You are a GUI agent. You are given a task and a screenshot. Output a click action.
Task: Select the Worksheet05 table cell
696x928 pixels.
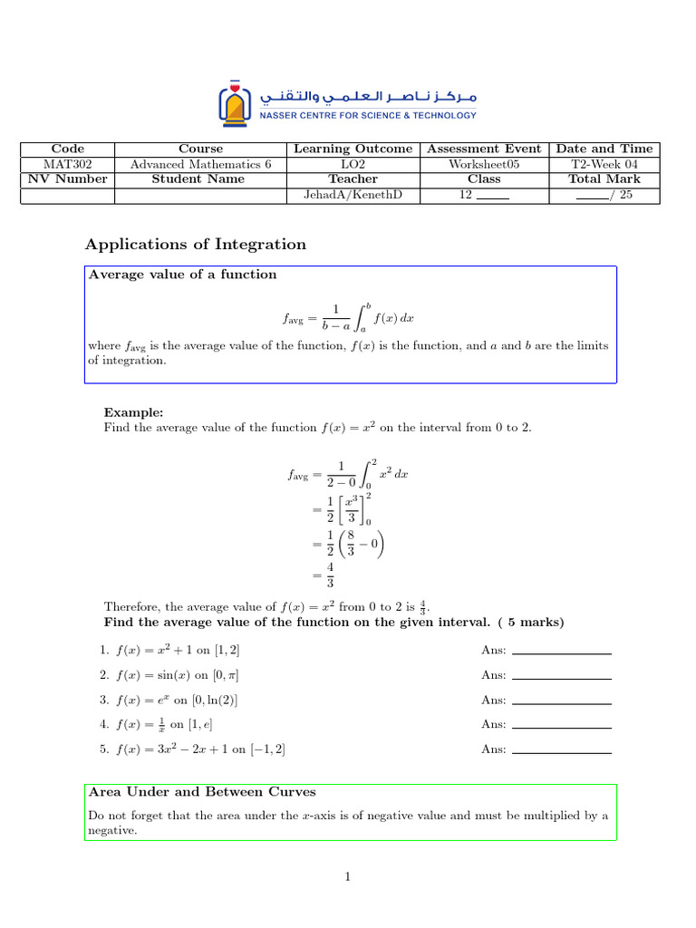pyautogui.click(x=484, y=164)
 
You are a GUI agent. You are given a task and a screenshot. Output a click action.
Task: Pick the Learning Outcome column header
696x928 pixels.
pyautogui.click(x=353, y=149)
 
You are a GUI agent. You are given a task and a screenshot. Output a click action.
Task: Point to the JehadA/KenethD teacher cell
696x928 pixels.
pyautogui.click(x=353, y=195)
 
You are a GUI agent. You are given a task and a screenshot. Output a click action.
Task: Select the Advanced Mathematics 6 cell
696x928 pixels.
pyautogui.click(x=200, y=164)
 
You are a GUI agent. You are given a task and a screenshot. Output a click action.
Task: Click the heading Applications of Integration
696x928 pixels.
pyautogui.click(x=196, y=244)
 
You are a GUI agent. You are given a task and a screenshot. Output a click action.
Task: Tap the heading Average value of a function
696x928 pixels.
pyautogui.click(x=182, y=275)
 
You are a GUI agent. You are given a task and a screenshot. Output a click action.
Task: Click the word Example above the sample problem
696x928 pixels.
pyautogui.click(x=133, y=412)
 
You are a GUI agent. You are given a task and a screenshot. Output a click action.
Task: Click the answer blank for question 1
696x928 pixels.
pyautogui.click(x=561, y=652)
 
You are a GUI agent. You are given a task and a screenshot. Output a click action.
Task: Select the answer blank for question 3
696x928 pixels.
pyautogui.click(x=561, y=701)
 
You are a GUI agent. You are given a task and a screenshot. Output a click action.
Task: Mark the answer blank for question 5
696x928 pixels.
pyautogui.click(x=561, y=750)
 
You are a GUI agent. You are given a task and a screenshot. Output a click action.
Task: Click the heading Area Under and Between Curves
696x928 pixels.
pyautogui.click(x=202, y=792)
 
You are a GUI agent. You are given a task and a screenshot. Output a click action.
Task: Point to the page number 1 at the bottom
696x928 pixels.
pyautogui.click(x=347, y=876)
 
